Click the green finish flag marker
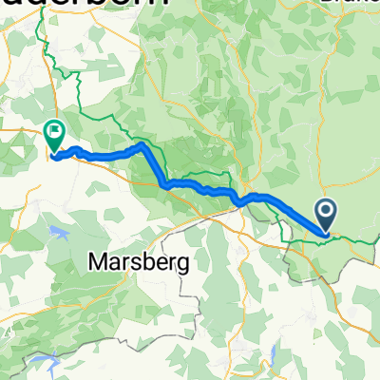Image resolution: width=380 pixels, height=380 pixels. click(54, 138)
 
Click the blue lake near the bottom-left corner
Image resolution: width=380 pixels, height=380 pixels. click(33, 362)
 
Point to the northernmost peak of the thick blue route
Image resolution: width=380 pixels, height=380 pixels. click(142, 146)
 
